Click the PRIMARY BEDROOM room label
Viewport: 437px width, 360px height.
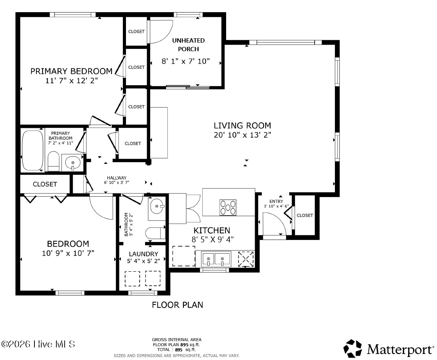[71, 71]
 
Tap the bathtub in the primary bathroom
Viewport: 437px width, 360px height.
[33, 150]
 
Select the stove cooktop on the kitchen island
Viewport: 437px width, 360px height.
[228, 207]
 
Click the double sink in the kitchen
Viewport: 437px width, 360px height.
[216, 259]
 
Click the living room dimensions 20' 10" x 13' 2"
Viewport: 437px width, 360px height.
[242, 135]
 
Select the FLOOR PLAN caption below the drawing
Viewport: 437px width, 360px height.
[177, 305]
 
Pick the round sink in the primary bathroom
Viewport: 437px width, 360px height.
[73, 162]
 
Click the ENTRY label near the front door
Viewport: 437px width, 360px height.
[276, 201]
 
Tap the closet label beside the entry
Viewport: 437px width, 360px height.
[305, 215]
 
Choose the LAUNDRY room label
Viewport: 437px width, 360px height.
[144, 254]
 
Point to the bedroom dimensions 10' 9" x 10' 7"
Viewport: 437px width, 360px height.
[68, 253]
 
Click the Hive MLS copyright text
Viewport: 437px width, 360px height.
[38, 344]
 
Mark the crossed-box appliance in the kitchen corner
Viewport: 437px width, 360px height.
[246, 259]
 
